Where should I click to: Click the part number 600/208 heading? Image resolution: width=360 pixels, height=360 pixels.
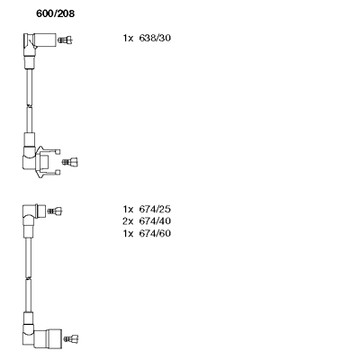[55, 13]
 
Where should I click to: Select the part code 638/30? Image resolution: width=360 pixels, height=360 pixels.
[155, 38]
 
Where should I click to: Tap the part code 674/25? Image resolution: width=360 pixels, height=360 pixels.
[155, 209]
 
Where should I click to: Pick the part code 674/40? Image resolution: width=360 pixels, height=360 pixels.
[155, 221]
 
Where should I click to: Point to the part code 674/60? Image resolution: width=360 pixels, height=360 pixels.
[155, 233]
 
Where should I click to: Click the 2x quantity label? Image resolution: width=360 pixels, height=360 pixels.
[128, 221]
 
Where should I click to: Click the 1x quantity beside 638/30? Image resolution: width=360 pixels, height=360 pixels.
[128, 38]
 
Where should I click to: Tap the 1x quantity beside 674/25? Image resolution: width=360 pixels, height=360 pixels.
[128, 209]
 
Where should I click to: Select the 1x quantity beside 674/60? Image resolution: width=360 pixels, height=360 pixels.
[128, 233]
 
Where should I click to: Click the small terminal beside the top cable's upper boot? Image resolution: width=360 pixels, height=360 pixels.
[66, 40]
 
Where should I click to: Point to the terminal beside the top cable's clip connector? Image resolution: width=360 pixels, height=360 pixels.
[70, 162]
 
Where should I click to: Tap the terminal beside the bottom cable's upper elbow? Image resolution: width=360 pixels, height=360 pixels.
[55, 211]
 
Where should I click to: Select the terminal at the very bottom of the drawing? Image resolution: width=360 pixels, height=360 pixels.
[71, 339]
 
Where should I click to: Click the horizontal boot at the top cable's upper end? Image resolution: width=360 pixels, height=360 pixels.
[45, 40]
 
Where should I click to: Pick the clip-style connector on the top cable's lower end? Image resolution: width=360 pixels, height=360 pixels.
[48, 162]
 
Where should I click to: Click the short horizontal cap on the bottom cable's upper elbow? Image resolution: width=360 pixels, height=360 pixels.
[40, 211]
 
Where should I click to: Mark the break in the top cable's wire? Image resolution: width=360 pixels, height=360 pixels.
[30, 105]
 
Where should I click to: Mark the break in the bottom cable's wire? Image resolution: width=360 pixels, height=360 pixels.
[28, 278]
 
